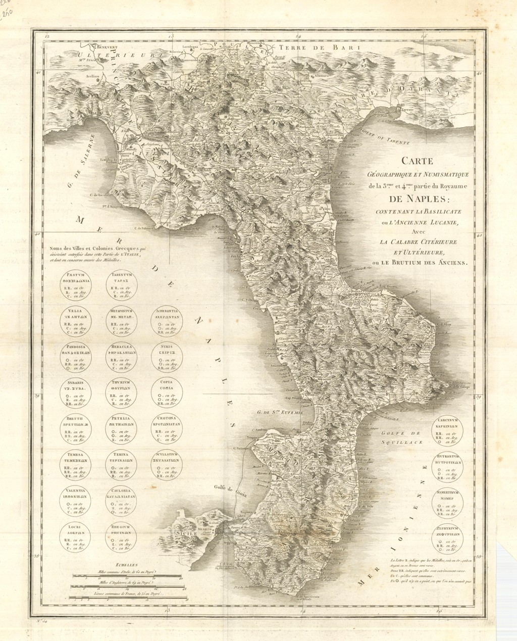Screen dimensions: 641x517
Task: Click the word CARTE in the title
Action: point(417,161)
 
